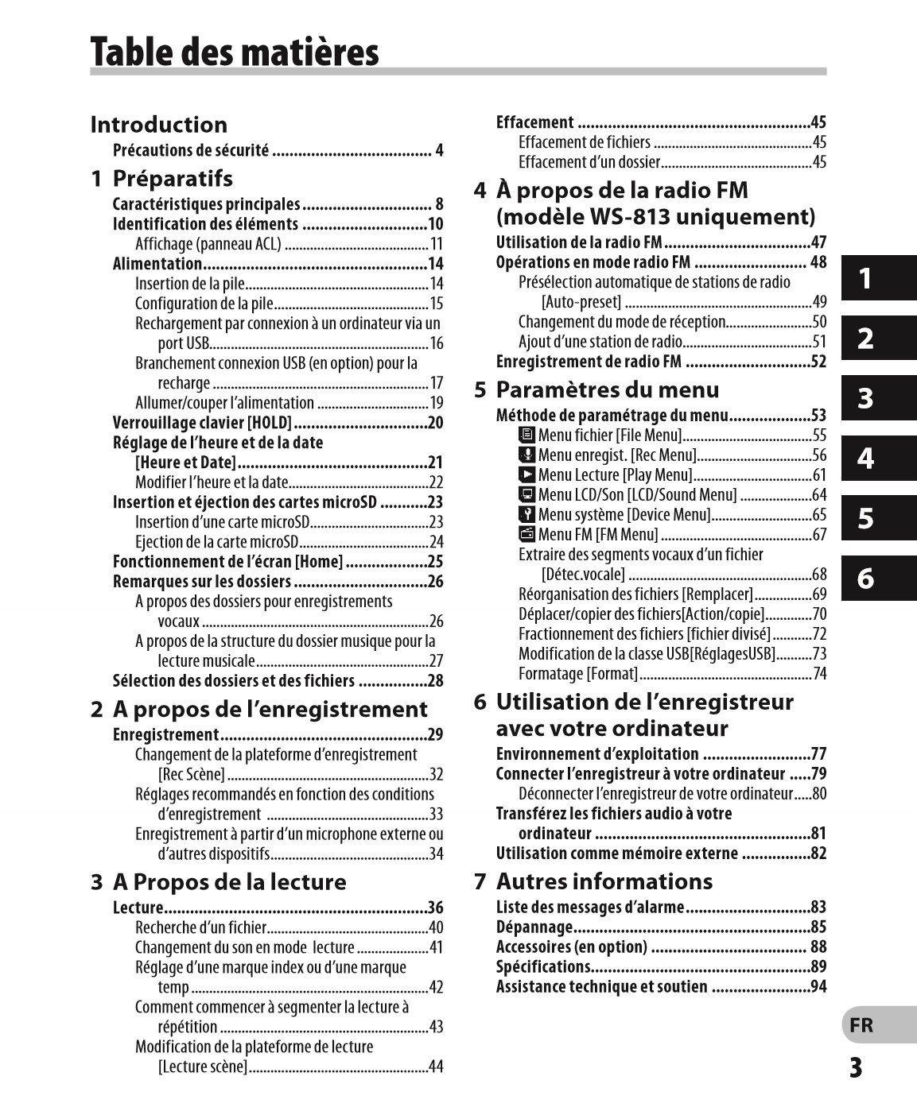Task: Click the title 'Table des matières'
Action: click(235, 52)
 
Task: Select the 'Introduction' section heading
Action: click(158, 125)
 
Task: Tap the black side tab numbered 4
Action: click(878, 459)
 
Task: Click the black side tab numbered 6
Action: click(878, 579)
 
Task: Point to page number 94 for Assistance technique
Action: click(818, 987)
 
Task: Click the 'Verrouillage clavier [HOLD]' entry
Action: click(202, 423)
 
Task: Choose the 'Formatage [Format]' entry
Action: click(578, 674)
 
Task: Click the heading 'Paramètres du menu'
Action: click(607, 389)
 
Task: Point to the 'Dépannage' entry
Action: click(534, 927)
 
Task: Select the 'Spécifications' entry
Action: click(543, 967)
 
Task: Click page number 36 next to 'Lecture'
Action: click(435, 908)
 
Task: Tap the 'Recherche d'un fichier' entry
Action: click(200, 927)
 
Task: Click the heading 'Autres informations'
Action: click(604, 881)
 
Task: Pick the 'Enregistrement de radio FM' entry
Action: click(589, 362)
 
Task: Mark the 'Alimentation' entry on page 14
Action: click(157, 264)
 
